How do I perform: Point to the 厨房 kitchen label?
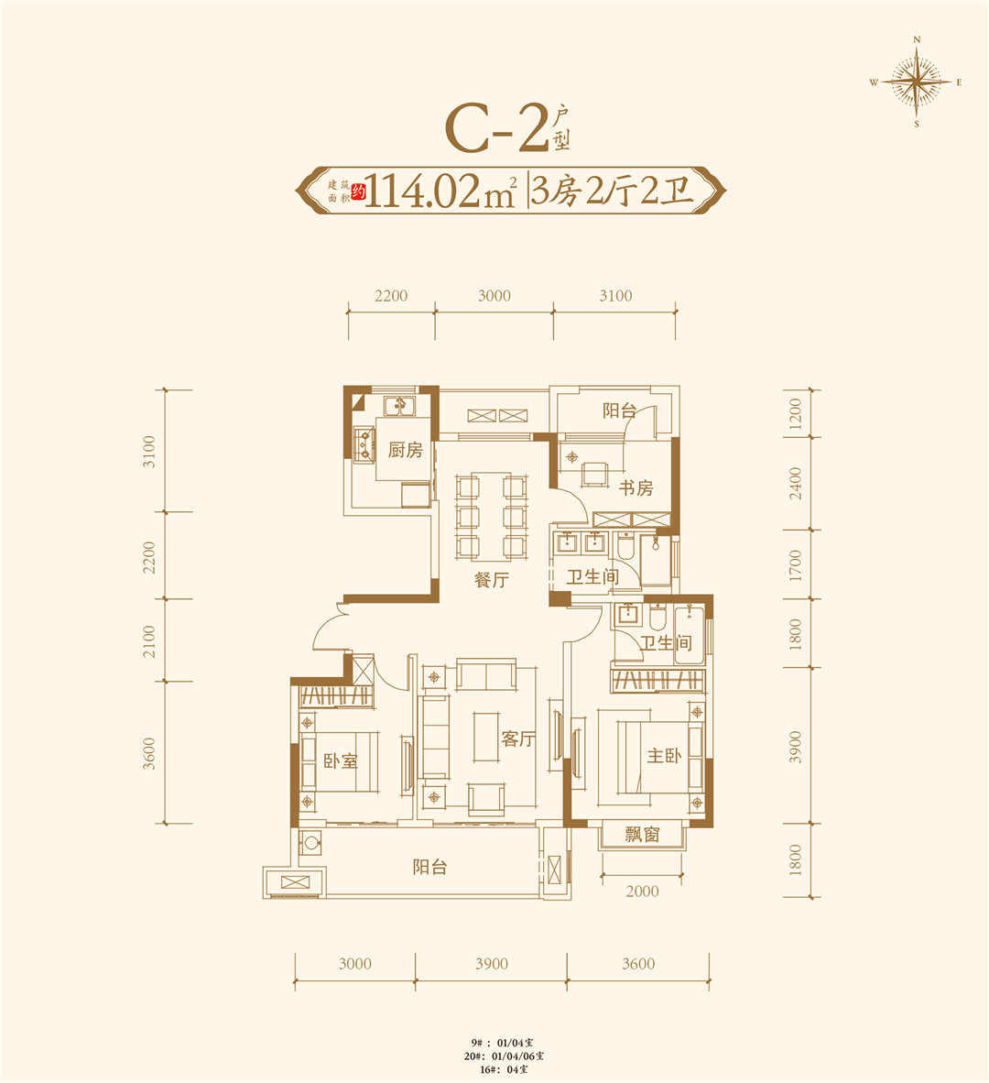[405, 450]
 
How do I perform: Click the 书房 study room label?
[636, 487]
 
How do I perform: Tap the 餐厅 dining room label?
[491, 580]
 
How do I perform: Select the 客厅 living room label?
[517, 738]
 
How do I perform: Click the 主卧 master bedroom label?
[664, 756]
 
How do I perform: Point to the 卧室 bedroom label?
[340, 760]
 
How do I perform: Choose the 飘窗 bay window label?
[642, 835]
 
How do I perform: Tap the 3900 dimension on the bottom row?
[491, 963]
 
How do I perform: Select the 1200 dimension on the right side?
[795, 414]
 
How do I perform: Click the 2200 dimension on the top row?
[391, 296]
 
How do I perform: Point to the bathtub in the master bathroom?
[690, 634]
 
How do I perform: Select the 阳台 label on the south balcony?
[429, 867]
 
